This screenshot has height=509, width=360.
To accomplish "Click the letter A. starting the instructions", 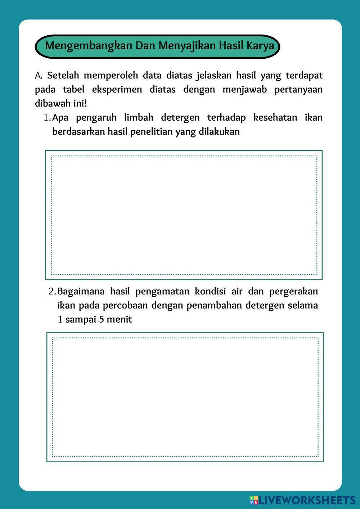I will (x=39, y=76).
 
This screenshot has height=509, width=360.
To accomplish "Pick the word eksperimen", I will (x=117, y=90).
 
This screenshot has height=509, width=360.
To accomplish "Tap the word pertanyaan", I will (x=298, y=90).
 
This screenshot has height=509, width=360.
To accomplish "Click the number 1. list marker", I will (x=47, y=118).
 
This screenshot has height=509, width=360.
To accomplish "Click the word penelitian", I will (x=151, y=132).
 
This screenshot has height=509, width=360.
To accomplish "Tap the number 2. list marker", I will (x=52, y=291).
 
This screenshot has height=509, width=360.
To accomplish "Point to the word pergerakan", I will (x=293, y=291).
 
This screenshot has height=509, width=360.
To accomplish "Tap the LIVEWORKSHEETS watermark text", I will (x=307, y=500).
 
